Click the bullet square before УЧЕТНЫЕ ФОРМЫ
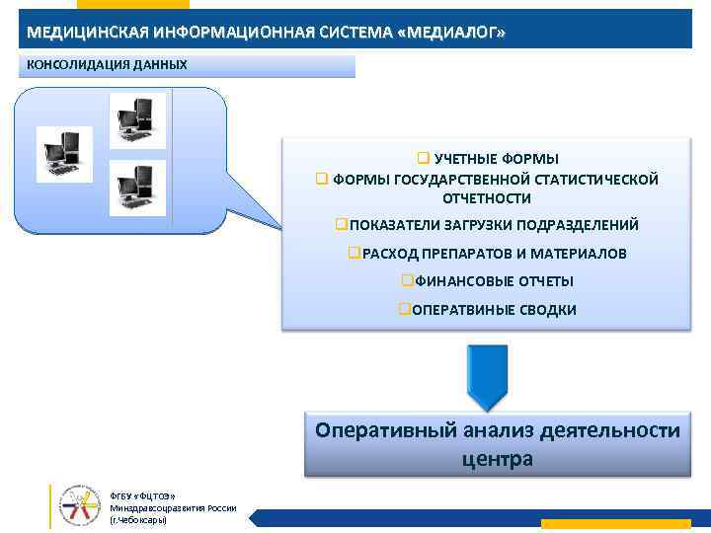(x=422, y=159)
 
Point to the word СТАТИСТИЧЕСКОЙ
(x=596, y=179)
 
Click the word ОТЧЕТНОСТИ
(x=487, y=197)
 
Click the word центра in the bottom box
(x=497, y=458)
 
